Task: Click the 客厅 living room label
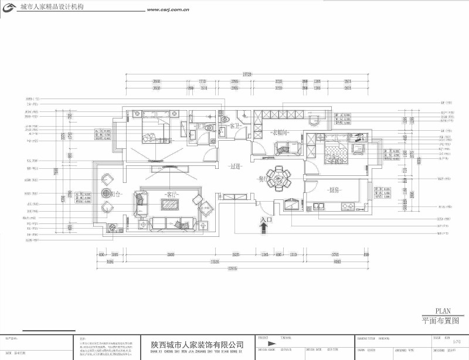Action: click(x=171, y=193)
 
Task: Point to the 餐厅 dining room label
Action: click(x=265, y=179)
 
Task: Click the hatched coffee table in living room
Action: click(x=171, y=205)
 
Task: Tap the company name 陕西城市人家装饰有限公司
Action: click(x=197, y=345)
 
